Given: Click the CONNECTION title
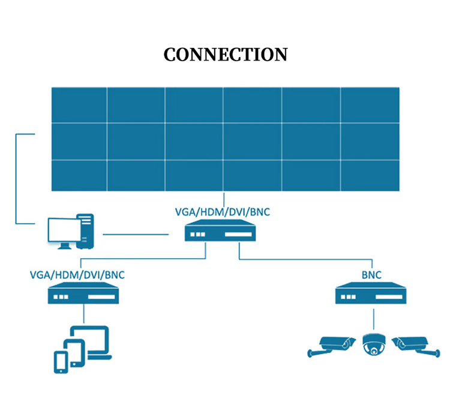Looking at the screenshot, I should [x=225, y=55].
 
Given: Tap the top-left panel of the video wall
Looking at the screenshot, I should [x=79, y=105].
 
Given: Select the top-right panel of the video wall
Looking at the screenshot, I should [x=370, y=105].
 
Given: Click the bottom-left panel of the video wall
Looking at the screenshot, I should [x=79, y=175].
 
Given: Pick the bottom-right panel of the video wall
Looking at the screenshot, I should [x=370, y=175].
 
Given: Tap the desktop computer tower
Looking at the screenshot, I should [x=87, y=231].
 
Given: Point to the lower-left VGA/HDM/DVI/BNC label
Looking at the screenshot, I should [x=77, y=275].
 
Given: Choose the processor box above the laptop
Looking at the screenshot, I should [x=82, y=294].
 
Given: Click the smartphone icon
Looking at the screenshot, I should [x=61, y=361].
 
